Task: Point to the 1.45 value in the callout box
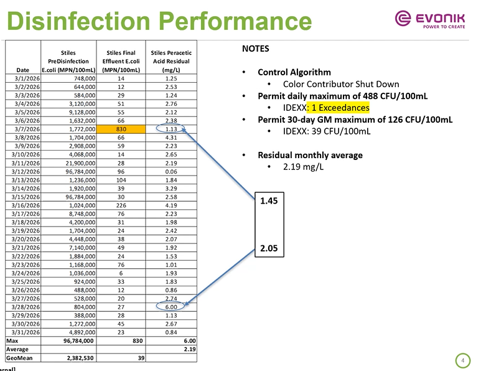pos(269,201)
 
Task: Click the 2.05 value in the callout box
pos(269,249)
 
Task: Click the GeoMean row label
pos(18,358)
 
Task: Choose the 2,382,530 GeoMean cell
pos(75,358)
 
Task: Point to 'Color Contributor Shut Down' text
pos(341,84)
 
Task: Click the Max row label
pos(12,340)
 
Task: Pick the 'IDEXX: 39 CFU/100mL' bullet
pos(327,131)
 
